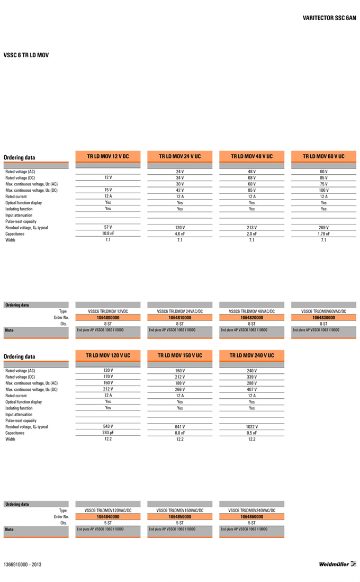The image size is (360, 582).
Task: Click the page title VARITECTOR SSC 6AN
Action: click(x=329, y=18)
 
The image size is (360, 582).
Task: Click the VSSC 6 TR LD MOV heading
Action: click(x=26, y=55)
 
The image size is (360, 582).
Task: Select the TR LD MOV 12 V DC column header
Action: click(x=108, y=157)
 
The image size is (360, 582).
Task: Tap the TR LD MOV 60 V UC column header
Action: click(x=323, y=157)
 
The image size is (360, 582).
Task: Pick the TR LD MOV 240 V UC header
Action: click(x=251, y=355)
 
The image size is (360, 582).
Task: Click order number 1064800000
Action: click(x=108, y=318)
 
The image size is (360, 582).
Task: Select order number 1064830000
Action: click(x=323, y=318)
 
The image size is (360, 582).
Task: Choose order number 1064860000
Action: click(x=251, y=516)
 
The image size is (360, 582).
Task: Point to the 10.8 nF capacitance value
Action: click(x=108, y=234)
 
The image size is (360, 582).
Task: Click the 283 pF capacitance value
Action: click(x=108, y=432)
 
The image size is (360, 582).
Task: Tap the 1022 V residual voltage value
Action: click(x=251, y=426)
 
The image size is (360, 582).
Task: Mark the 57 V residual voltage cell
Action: click(x=108, y=227)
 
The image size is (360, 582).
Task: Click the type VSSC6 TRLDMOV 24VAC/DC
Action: click(x=179, y=311)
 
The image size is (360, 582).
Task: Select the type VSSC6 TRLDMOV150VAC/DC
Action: click(x=179, y=510)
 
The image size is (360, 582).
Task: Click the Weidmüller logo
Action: click(x=337, y=564)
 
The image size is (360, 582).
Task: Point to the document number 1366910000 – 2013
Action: click(x=22, y=565)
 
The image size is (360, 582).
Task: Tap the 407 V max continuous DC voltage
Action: click(x=251, y=389)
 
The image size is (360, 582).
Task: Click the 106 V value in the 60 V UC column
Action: click(x=323, y=190)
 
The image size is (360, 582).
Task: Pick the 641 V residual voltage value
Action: click(x=179, y=426)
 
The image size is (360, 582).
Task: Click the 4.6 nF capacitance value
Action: click(x=179, y=234)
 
